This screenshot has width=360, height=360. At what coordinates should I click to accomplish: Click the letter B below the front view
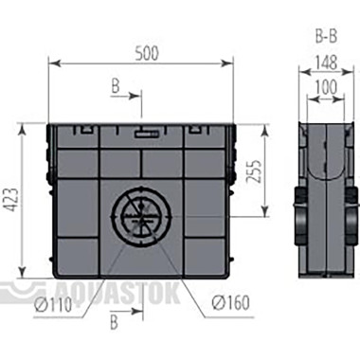click(x=116, y=323)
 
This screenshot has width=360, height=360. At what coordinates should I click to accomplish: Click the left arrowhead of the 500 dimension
click(x=54, y=64)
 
